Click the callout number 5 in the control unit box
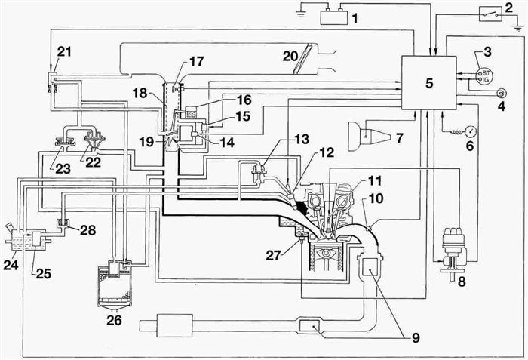[x=428, y=82]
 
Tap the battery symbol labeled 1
[x=334, y=15]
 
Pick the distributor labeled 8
[x=454, y=249]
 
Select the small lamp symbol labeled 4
[x=500, y=92]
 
